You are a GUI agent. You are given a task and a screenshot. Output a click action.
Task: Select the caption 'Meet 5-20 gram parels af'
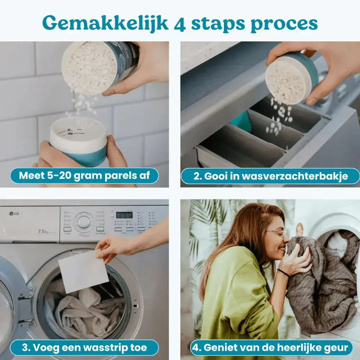[84, 176]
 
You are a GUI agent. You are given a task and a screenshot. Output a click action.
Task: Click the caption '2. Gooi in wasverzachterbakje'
[270, 176]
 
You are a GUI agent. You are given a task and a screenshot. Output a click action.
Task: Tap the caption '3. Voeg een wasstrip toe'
[84, 347]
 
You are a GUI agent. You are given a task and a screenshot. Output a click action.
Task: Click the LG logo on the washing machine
[14, 213]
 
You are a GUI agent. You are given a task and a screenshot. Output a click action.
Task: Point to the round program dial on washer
[84, 222]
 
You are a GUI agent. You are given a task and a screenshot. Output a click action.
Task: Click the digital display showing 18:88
[124, 215]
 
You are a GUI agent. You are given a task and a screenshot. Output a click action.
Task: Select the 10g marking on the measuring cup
[71, 134]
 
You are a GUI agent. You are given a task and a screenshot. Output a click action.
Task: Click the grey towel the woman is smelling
[317, 281]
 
